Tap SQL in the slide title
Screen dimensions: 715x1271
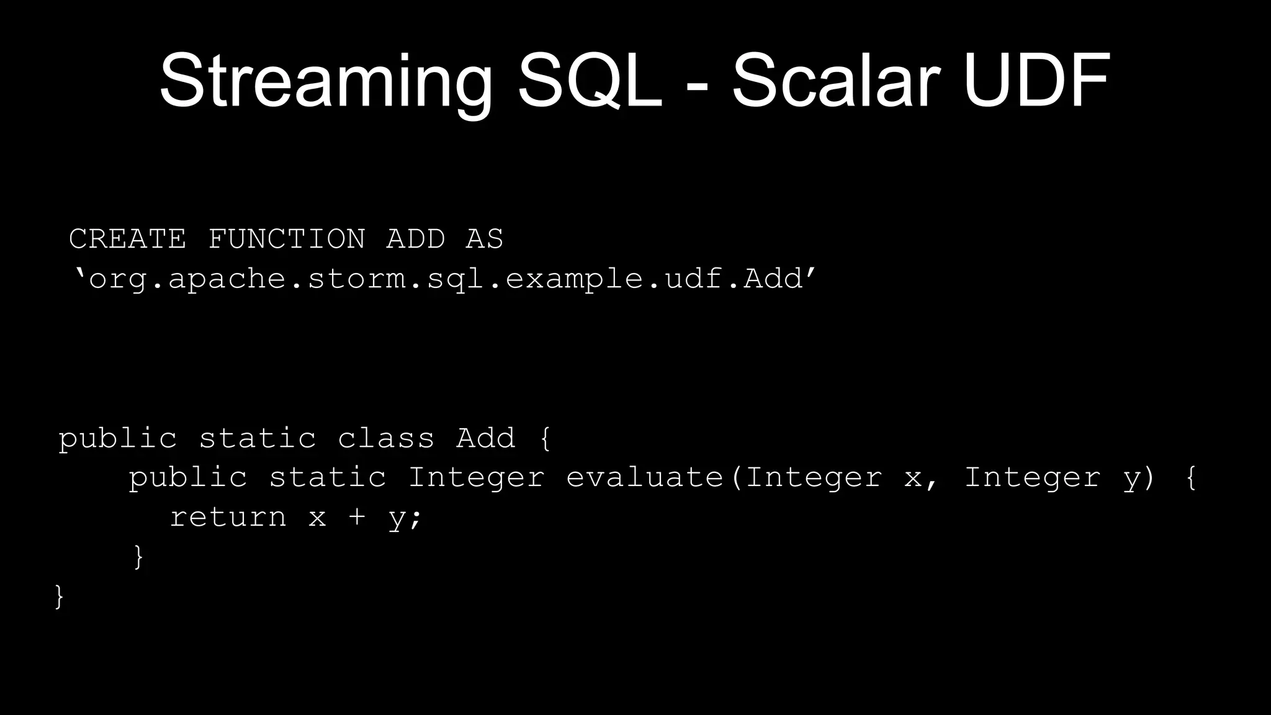[589, 81]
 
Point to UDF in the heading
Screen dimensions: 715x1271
[1036, 81]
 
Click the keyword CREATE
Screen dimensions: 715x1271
[127, 239]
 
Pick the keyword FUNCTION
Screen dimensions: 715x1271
[286, 239]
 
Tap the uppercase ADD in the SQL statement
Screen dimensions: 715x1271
[415, 239]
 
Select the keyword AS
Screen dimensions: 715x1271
[484, 239]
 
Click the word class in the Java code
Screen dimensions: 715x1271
[385, 438]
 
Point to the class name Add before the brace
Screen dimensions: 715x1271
[485, 438]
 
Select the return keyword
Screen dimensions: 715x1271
[228, 517]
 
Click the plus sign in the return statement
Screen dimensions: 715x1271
[356, 517]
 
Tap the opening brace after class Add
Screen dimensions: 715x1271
[545, 438]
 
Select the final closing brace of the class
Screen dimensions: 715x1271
[60, 596]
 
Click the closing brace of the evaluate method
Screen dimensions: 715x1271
[138, 557]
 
